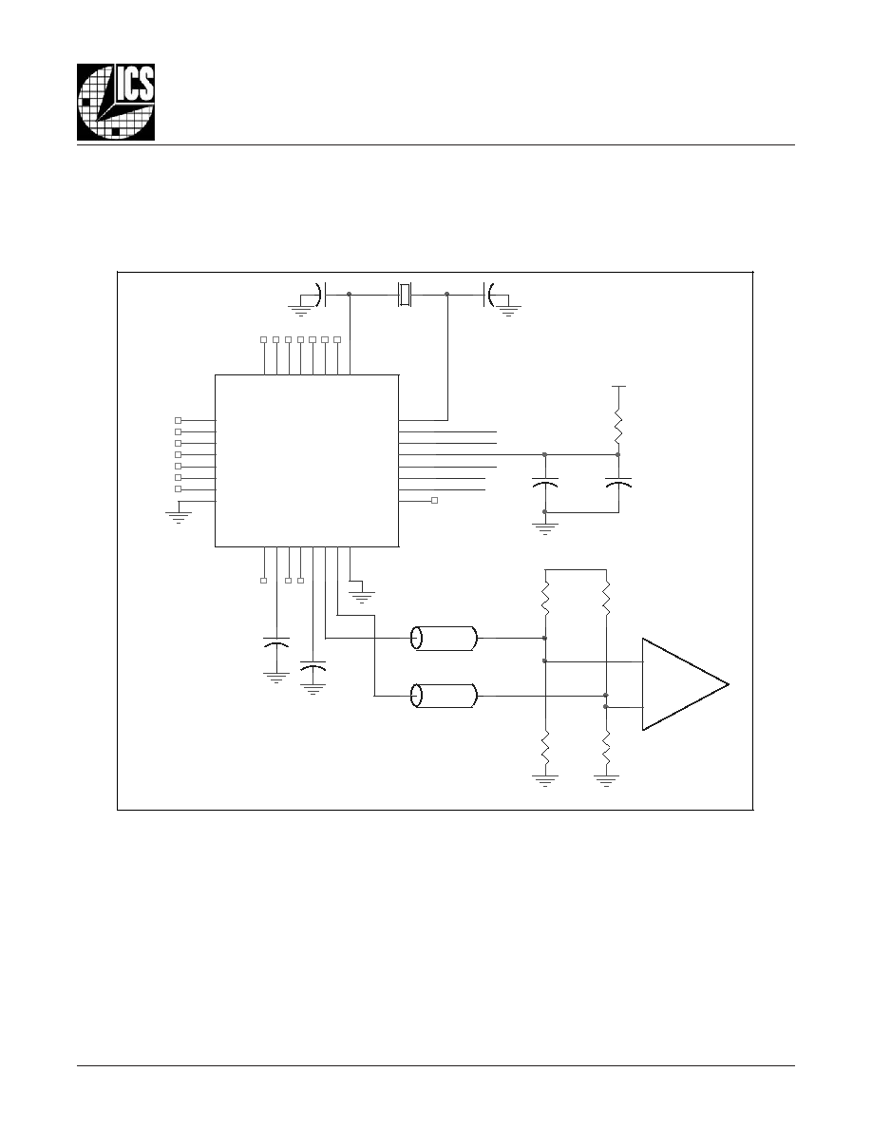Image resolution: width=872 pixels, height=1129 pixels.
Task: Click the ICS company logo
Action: pyautogui.click(x=116, y=103)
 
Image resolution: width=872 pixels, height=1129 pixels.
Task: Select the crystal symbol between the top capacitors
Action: pyautogui.click(x=406, y=294)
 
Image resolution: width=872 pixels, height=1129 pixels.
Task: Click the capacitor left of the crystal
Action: pyautogui.click(x=322, y=294)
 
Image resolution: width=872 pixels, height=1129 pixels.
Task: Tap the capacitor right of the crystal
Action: pyautogui.click(x=489, y=294)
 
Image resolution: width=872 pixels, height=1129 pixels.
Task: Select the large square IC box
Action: pyautogui.click(x=307, y=461)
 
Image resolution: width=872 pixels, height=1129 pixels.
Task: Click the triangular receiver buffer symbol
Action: pyautogui.click(x=685, y=684)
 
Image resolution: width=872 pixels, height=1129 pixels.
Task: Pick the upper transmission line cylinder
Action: pyautogui.click(x=444, y=638)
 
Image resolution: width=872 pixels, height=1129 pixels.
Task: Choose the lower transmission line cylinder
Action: pyautogui.click(x=444, y=697)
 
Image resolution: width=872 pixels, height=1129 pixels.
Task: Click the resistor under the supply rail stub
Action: pyautogui.click(x=618, y=426)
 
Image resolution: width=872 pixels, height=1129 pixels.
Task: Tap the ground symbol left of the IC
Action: pyautogui.click(x=178, y=514)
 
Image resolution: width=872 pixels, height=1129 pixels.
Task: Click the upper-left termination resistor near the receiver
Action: pyautogui.click(x=545, y=599)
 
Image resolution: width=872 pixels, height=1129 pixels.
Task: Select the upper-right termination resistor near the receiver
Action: pyautogui.click(x=607, y=599)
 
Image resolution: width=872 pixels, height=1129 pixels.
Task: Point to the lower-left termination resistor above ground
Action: pyautogui.click(x=545, y=748)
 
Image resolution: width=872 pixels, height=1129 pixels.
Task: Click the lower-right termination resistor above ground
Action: pyautogui.click(x=607, y=748)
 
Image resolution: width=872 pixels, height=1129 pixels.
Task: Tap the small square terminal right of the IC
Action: pyautogui.click(x=434, y=501)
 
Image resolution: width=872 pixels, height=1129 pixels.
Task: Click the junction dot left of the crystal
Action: pyautogui.click(x=349, y=294)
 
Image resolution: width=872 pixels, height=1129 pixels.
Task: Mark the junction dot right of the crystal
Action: pyautogui.click(x=447, y=294)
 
